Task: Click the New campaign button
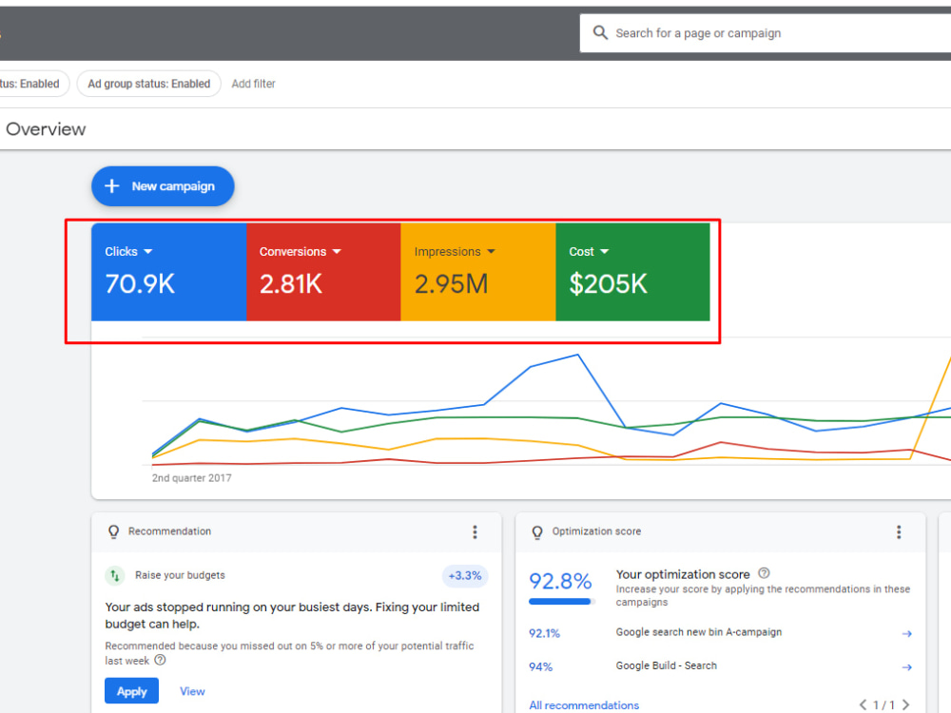point(163,186)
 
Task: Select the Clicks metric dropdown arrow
point(148,252)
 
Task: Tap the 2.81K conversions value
point(290,283)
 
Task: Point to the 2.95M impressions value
point(451,283)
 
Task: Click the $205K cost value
point(608,283)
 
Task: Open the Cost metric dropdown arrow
point(604,252)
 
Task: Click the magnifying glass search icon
point(600,32)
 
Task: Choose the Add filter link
point(254,84)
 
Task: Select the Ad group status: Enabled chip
point(148,84)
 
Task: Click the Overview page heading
point(46,129)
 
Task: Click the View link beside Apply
point(192,691)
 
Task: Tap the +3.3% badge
point(465,575)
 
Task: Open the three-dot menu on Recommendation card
point(475,532)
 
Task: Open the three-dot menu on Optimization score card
point(899,532)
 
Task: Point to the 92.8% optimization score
point(560,582)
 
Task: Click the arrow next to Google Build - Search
point(906,667)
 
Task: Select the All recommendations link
point(584,705)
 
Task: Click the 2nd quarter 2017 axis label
point(192,478)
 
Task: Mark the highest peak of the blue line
point(577,355)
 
